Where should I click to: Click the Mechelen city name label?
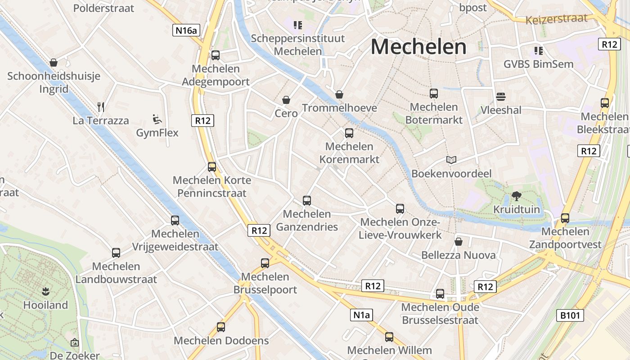[x=418, y=47]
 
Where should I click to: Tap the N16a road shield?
[x=186, y=30]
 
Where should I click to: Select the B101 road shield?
[x=570, y=315]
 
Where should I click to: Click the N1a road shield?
[x=361, y=315]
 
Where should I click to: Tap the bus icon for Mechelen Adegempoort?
[x=216, y=55]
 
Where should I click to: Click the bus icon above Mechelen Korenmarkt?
[x=349, y=133]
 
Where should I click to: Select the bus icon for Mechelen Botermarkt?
[x=434, y=94]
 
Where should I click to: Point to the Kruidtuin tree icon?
[x=516, y=196]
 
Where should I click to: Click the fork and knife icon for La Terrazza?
[x=101, y=107]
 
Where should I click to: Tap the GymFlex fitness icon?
[x=157, y=119]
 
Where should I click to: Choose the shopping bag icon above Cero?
[x=286, y=99]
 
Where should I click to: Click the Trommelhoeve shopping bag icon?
[x=339, y=94]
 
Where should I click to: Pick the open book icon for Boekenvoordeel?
[x=451, y=160]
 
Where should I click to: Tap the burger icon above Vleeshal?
[x=501, y=97]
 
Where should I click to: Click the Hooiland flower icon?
[x=45, y=291]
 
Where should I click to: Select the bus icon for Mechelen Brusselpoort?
[x=265, y=263]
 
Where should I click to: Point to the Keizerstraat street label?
[x=557, y=19]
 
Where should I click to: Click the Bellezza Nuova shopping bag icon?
[x=459, y=242]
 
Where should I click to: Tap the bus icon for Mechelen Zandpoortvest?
[x=565, y=218]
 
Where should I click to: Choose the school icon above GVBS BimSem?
[x=538, y=50]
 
